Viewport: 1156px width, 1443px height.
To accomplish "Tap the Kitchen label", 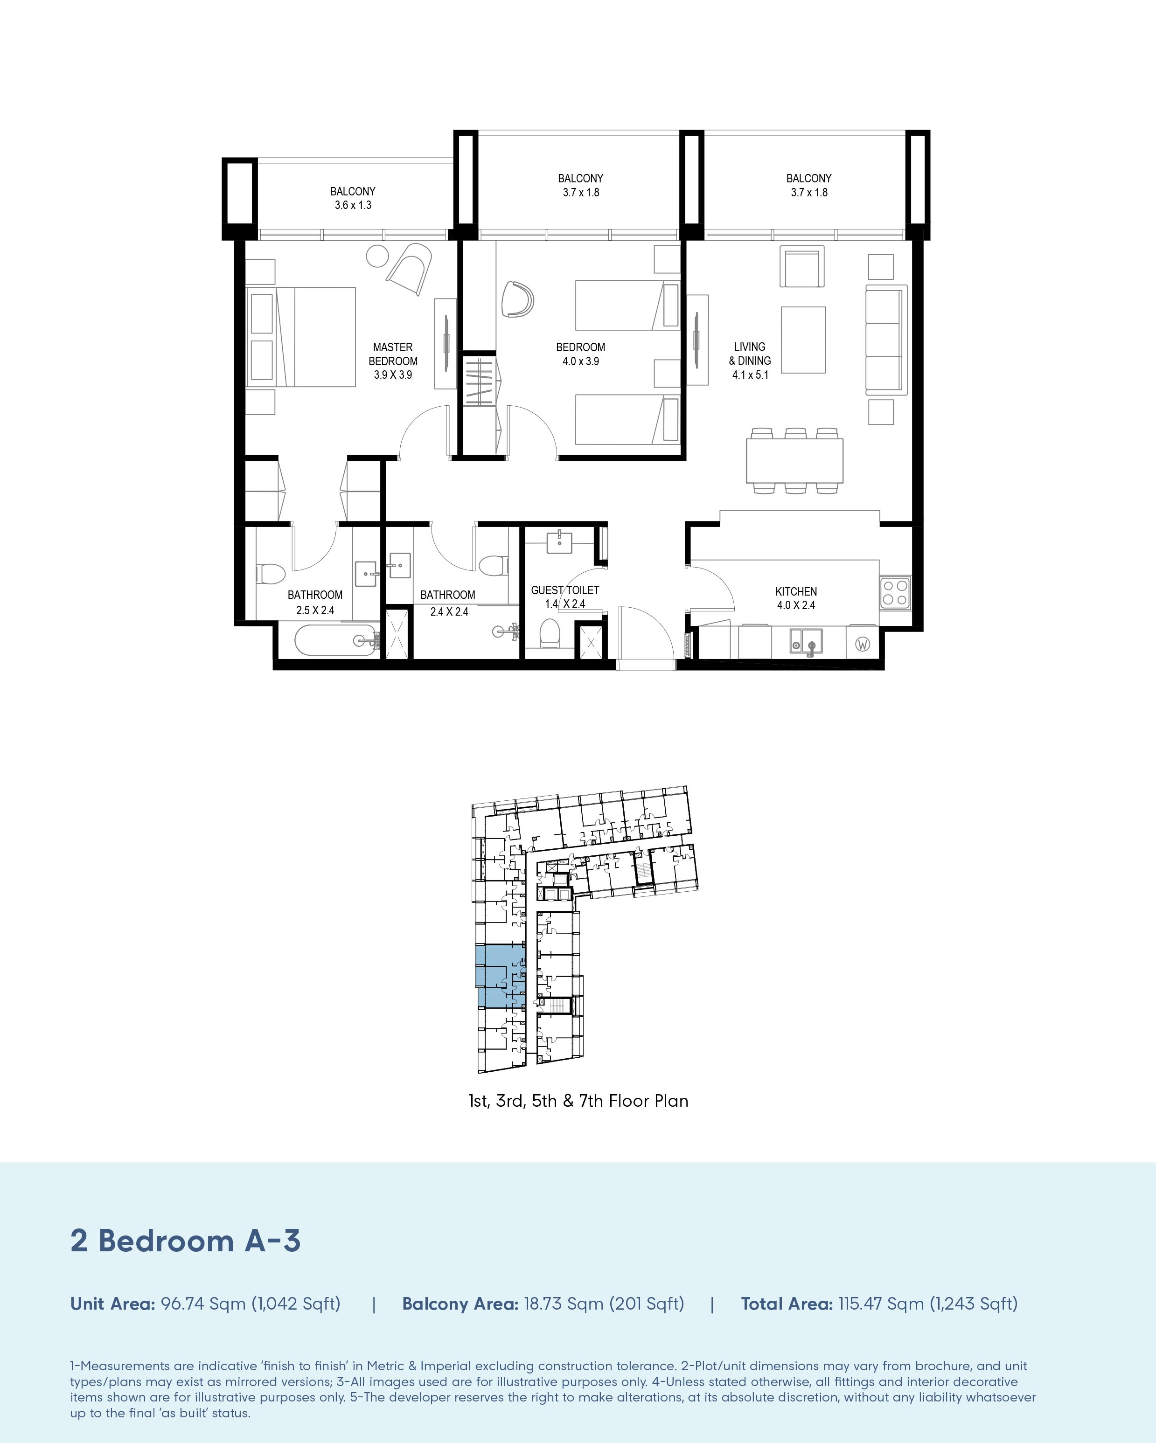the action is [796, 592].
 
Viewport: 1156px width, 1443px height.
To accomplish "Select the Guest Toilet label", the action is [565, 590].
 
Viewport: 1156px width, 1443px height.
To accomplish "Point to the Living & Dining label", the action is [750, 354].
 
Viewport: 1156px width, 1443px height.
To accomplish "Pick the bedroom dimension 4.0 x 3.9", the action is [580, 361].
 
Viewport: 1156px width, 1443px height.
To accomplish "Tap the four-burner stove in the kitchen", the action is [895, 592].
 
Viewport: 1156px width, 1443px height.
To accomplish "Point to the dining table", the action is [794, 460].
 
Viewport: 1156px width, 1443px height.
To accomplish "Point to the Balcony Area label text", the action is [460, 1304].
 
